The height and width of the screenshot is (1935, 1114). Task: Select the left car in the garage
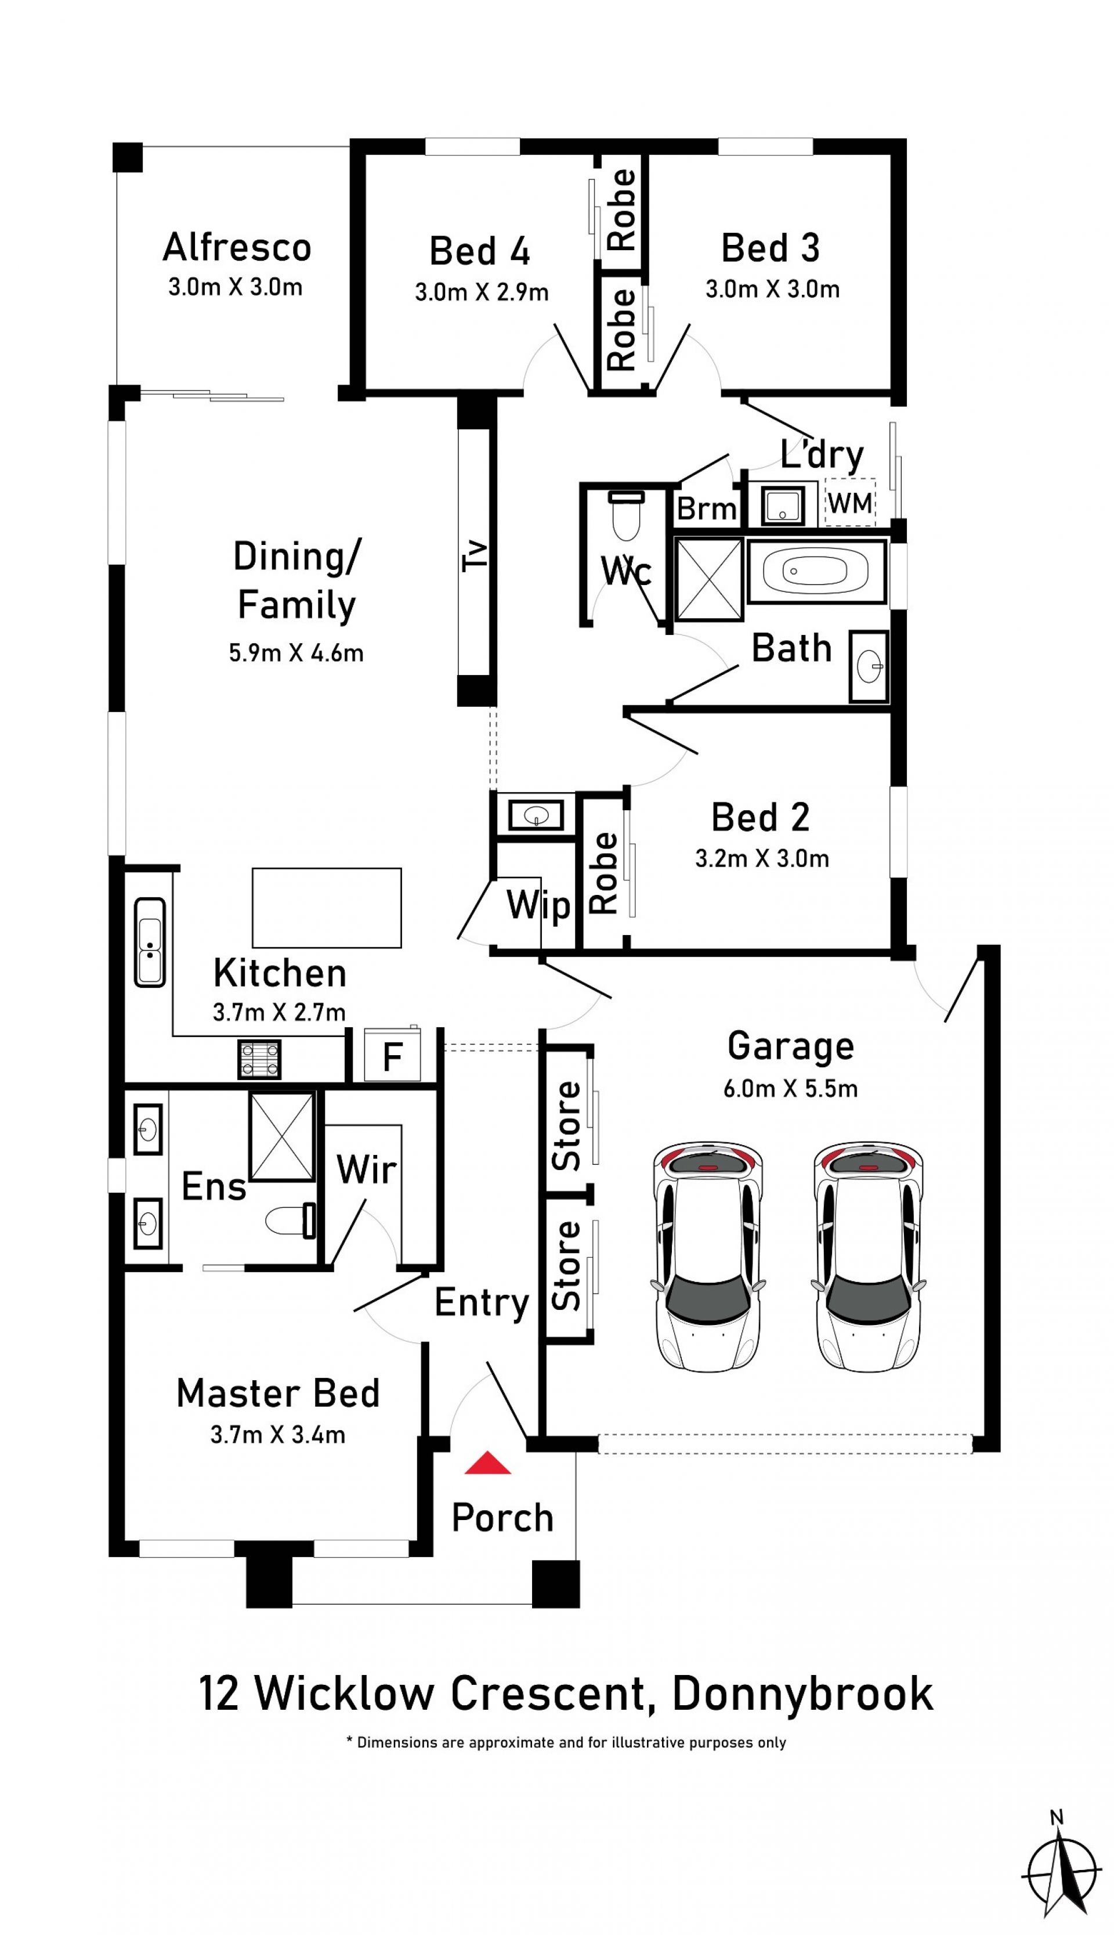[x=708, y=1258]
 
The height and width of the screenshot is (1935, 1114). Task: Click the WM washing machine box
[x=850, y=503]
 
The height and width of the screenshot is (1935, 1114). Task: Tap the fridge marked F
[x=392, y=1055]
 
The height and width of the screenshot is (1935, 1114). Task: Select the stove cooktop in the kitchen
[x=259, y=1059]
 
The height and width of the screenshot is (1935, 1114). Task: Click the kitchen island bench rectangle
[x=327, y=908]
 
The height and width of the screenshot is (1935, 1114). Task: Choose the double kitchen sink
[x=150, y=942]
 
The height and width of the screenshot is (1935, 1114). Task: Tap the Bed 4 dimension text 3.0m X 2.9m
[x=482, y=293]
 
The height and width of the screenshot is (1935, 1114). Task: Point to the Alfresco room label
[x=237, y=247]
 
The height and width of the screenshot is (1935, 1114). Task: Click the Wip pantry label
[x=538, y=907]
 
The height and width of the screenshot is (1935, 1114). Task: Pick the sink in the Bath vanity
[x=869, y=666]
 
